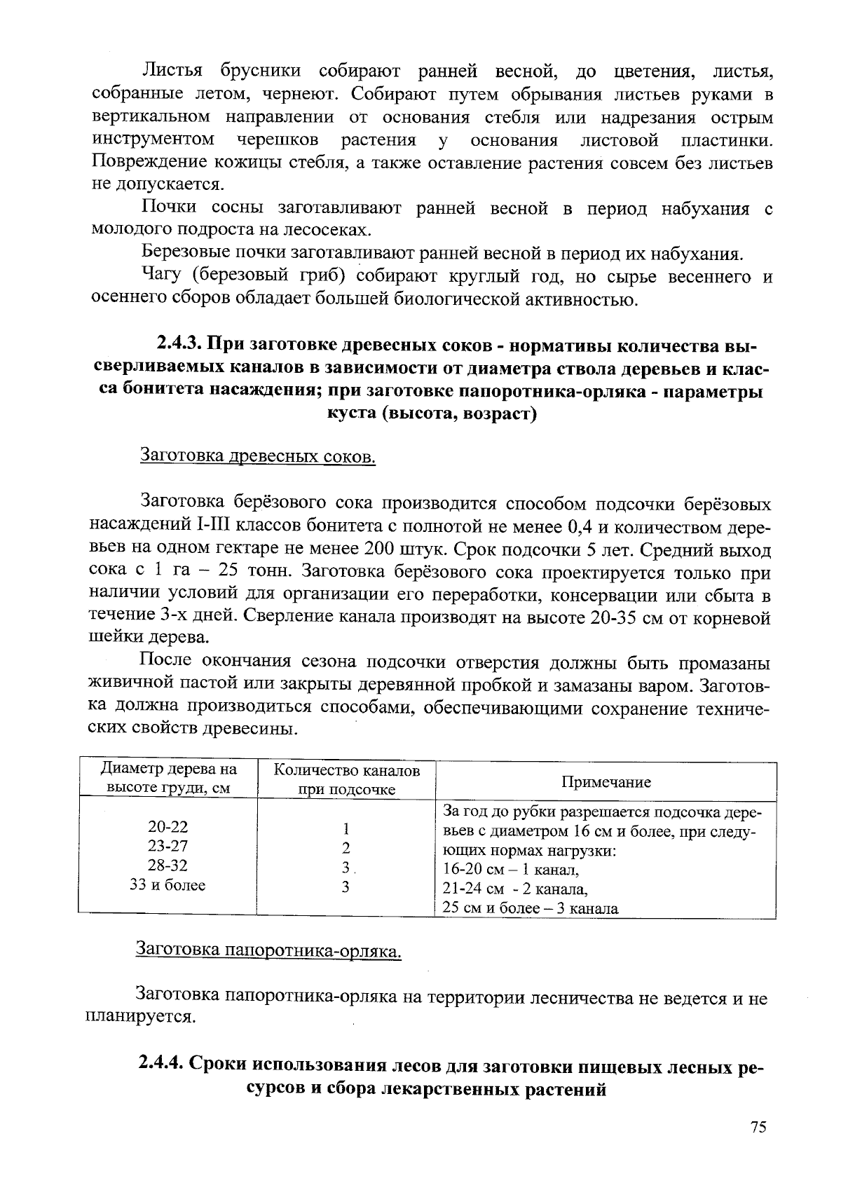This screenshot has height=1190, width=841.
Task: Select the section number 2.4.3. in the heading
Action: [x=179, y=346]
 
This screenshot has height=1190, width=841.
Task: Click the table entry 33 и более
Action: [x=167, y=885]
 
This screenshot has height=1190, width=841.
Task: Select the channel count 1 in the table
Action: [x=346, y=828]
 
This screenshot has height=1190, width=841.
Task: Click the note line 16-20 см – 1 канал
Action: [x=511, y=870]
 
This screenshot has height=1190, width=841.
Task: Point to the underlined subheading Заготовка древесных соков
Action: [x=259, y=456]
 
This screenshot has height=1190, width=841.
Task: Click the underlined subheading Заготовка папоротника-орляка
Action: [x=268, y=951]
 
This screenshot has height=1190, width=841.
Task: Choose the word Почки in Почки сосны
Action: [x=168, y=208]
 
